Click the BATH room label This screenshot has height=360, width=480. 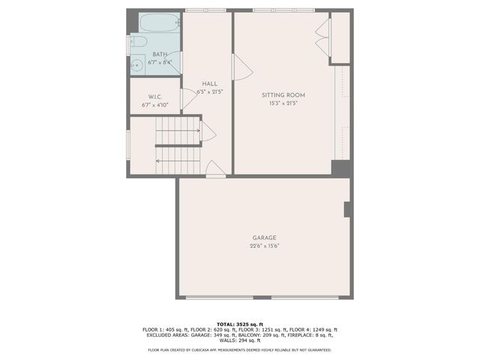(x=160, y=55)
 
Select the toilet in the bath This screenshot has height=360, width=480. (x=137, y=43)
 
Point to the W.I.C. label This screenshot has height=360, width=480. (x=155, y=97)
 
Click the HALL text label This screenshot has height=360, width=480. (x=210, y=83)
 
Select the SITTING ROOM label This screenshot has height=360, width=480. (x=283, y=95)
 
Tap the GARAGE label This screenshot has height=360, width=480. (x=264, y=238)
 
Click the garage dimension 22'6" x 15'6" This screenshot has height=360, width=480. (x=264, y=246)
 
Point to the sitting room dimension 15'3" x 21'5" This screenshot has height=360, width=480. (x=283, y=103)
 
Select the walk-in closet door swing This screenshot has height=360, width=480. (x=188, y=98)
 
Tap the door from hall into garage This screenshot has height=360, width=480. (x=215, y=169)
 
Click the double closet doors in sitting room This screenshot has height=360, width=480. (x=323, y=37)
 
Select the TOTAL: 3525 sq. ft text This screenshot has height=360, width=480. (x=240, y=323)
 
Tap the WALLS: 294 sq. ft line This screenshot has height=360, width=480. (x=240, y=341)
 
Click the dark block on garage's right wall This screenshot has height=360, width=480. (x=347, y=209)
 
